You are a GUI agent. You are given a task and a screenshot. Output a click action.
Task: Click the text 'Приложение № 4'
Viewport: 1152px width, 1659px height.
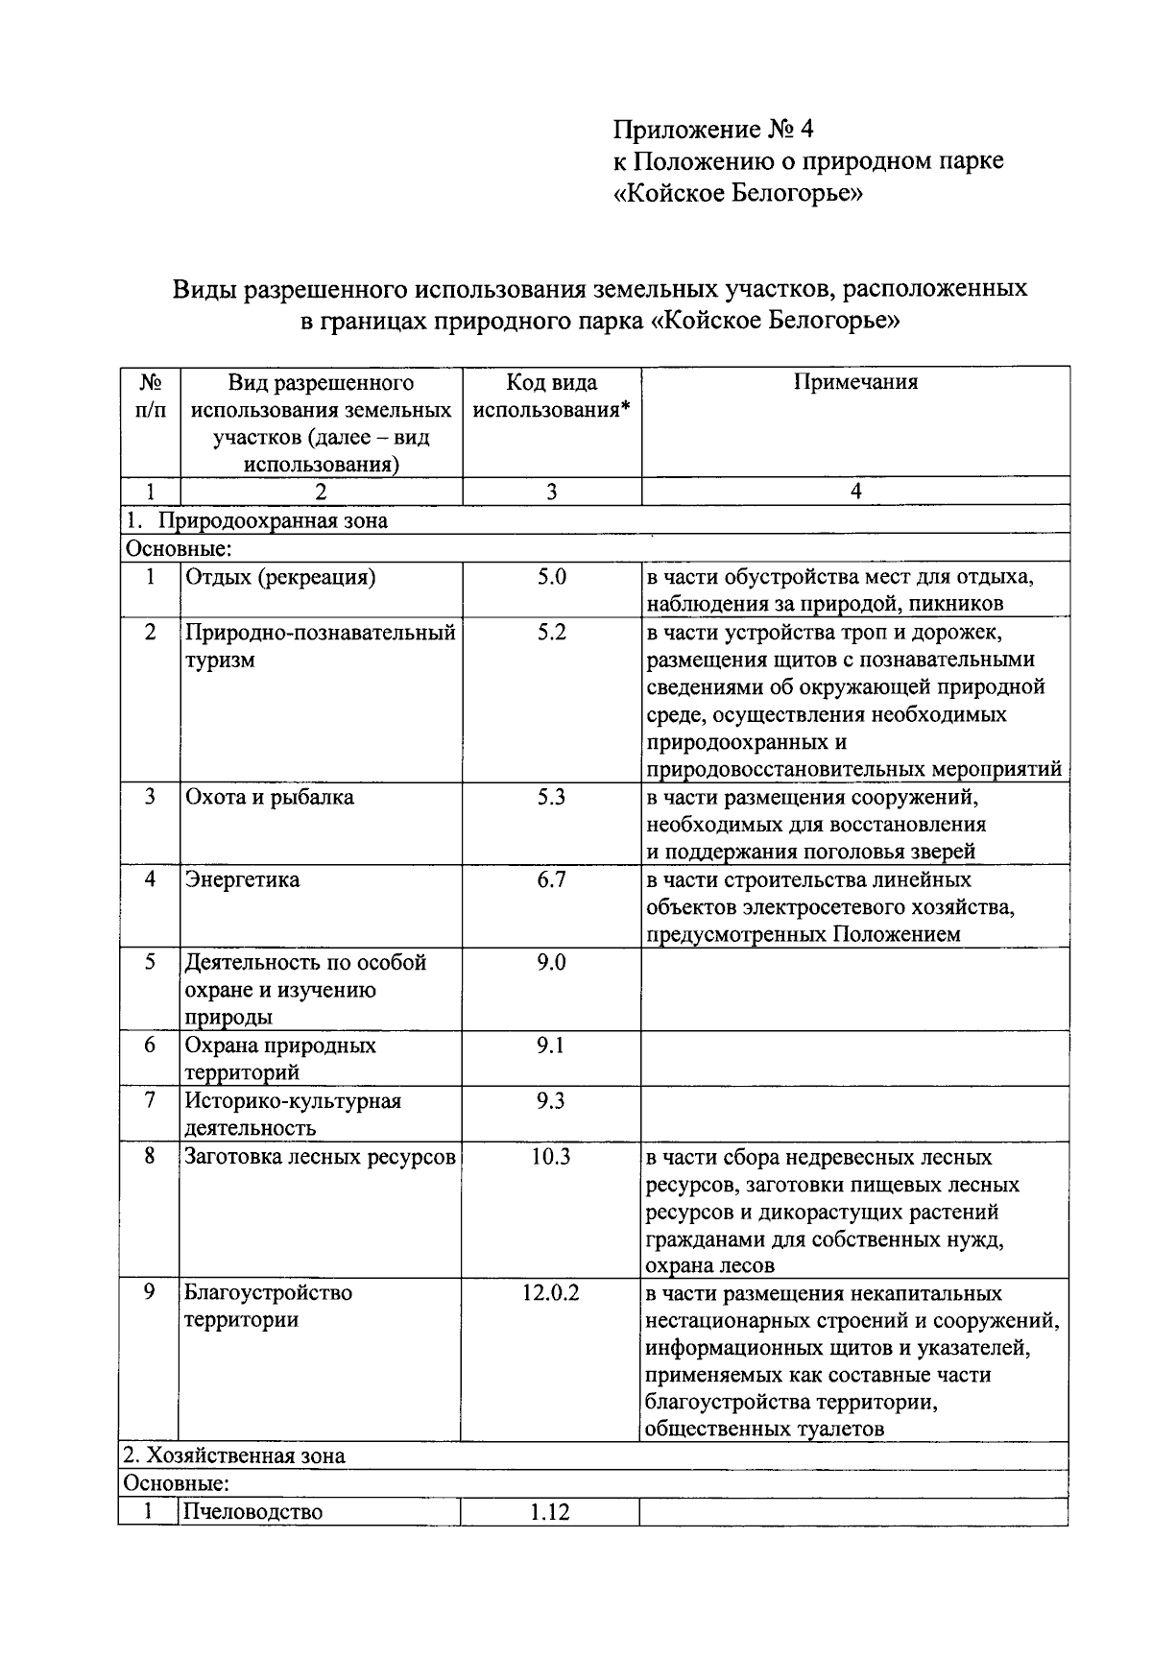coord(712,129)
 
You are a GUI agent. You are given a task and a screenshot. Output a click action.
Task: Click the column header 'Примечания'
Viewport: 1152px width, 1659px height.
coord(854,382)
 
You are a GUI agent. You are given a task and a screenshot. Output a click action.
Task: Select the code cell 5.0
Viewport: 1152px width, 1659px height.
coord(551,577)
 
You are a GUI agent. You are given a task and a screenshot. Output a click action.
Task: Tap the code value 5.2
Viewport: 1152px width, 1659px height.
coord(551,633)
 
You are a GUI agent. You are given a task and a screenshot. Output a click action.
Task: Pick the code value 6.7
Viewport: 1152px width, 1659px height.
coord(551,879)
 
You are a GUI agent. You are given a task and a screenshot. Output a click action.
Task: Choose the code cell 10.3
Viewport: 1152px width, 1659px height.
coord(551,1156)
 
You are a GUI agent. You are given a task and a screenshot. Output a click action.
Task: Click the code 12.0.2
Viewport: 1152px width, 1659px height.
coord(551,1292)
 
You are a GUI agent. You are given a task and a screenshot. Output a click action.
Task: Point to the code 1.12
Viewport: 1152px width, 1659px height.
coord(550,1512)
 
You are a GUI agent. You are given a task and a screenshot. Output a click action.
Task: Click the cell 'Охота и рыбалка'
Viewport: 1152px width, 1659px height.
coord(269,797)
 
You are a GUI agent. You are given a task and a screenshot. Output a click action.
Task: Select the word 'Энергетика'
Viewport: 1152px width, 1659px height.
coord(242,879)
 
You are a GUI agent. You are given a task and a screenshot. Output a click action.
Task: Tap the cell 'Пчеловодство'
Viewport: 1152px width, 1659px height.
coord(253,1512)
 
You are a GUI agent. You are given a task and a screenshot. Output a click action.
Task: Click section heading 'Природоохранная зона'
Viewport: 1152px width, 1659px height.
coord(273,521)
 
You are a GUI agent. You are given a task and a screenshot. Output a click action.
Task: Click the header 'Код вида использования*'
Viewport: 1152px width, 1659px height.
coord(551,396)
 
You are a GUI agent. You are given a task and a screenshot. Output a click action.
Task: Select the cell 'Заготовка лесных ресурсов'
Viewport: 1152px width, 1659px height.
coord(320,1156)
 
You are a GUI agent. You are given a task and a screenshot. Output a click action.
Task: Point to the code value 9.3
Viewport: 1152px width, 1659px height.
coord(551,1100)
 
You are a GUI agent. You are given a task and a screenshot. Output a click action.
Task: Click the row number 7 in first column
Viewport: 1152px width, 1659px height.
coord(150,1100)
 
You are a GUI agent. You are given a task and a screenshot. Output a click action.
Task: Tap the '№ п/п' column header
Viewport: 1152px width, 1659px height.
coord(150,396)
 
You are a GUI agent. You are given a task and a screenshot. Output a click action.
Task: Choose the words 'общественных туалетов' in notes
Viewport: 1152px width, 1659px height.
coord(764,1429)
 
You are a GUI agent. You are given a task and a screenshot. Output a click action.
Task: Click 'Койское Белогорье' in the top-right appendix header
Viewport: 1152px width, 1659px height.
coord(737,196)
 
